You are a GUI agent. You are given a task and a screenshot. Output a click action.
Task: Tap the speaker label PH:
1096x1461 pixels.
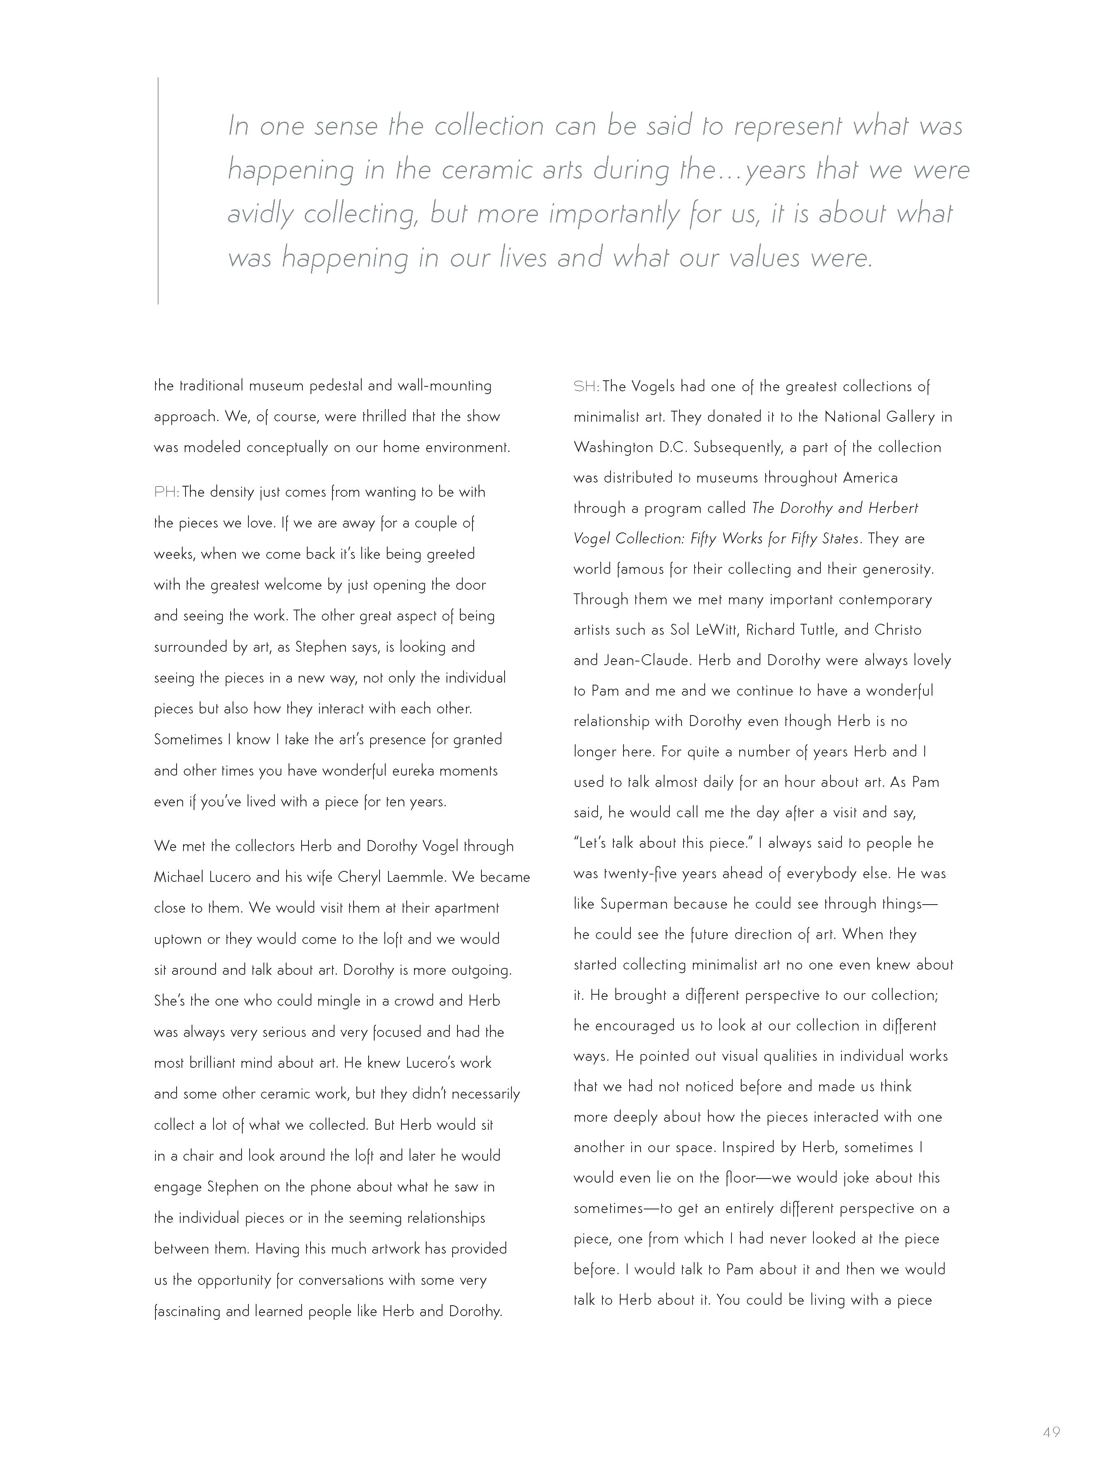pyautogui.click(x=166, y=492)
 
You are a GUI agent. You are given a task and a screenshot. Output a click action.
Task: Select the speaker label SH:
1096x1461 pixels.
pyautogui.click(x=586, y=386)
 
